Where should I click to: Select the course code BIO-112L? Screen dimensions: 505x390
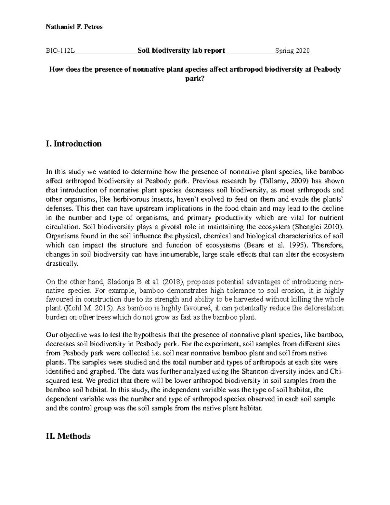tap(61, 51)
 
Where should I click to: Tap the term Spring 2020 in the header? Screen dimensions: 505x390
tap(292, 51)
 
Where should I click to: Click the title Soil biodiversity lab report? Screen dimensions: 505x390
tap(181, 51)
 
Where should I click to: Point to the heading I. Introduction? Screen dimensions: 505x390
tap(74, 144)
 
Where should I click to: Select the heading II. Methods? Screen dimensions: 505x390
tap(69, 436)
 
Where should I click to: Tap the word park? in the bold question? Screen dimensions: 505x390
tap(195, 79)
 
